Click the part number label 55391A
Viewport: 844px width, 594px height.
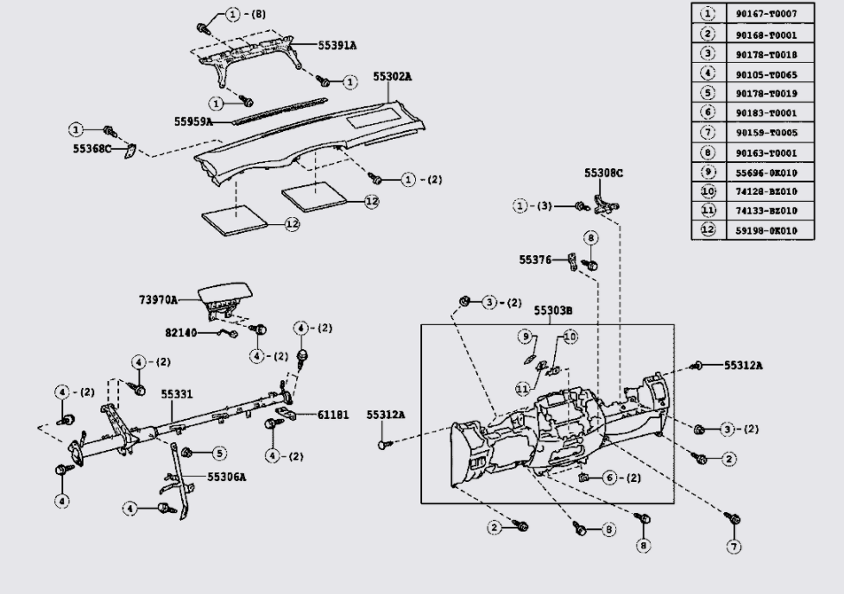(x=337, y=45)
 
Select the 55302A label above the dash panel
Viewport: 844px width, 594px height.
(x=393, y=77)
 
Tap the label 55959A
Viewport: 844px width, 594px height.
(x=193, y=122)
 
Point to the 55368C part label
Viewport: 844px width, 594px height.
(x=92, y=148)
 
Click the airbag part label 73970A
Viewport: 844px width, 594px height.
(x=158, y=299)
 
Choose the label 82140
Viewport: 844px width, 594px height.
(x=181, y=334)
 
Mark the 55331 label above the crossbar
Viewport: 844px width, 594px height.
(x=177, y=395)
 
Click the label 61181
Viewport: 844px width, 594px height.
(x=332, y=415)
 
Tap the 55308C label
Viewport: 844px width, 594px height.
(x=604, y=173)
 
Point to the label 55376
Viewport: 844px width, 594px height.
(x=535, y=260)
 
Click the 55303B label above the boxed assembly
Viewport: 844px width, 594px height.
(x=553, y=310)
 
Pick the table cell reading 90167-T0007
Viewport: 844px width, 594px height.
(x=766, y=14)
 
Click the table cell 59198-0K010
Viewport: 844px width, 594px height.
(x=766, y=231)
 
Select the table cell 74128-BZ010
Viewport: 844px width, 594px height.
(x=766, y=192)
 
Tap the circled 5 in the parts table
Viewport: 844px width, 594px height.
(x=708, y=93)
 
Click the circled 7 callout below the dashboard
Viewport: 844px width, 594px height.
(x=734, y=547)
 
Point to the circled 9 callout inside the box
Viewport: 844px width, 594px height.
(x=525, y=336)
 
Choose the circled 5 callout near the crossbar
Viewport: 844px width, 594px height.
(x=218, y=453)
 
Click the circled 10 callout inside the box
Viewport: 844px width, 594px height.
(x=570, y=336)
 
